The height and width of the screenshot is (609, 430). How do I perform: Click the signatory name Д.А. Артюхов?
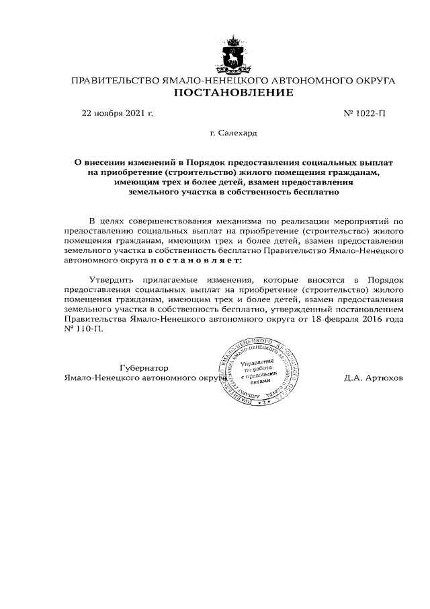pyautogui.click(x=373, y=378)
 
